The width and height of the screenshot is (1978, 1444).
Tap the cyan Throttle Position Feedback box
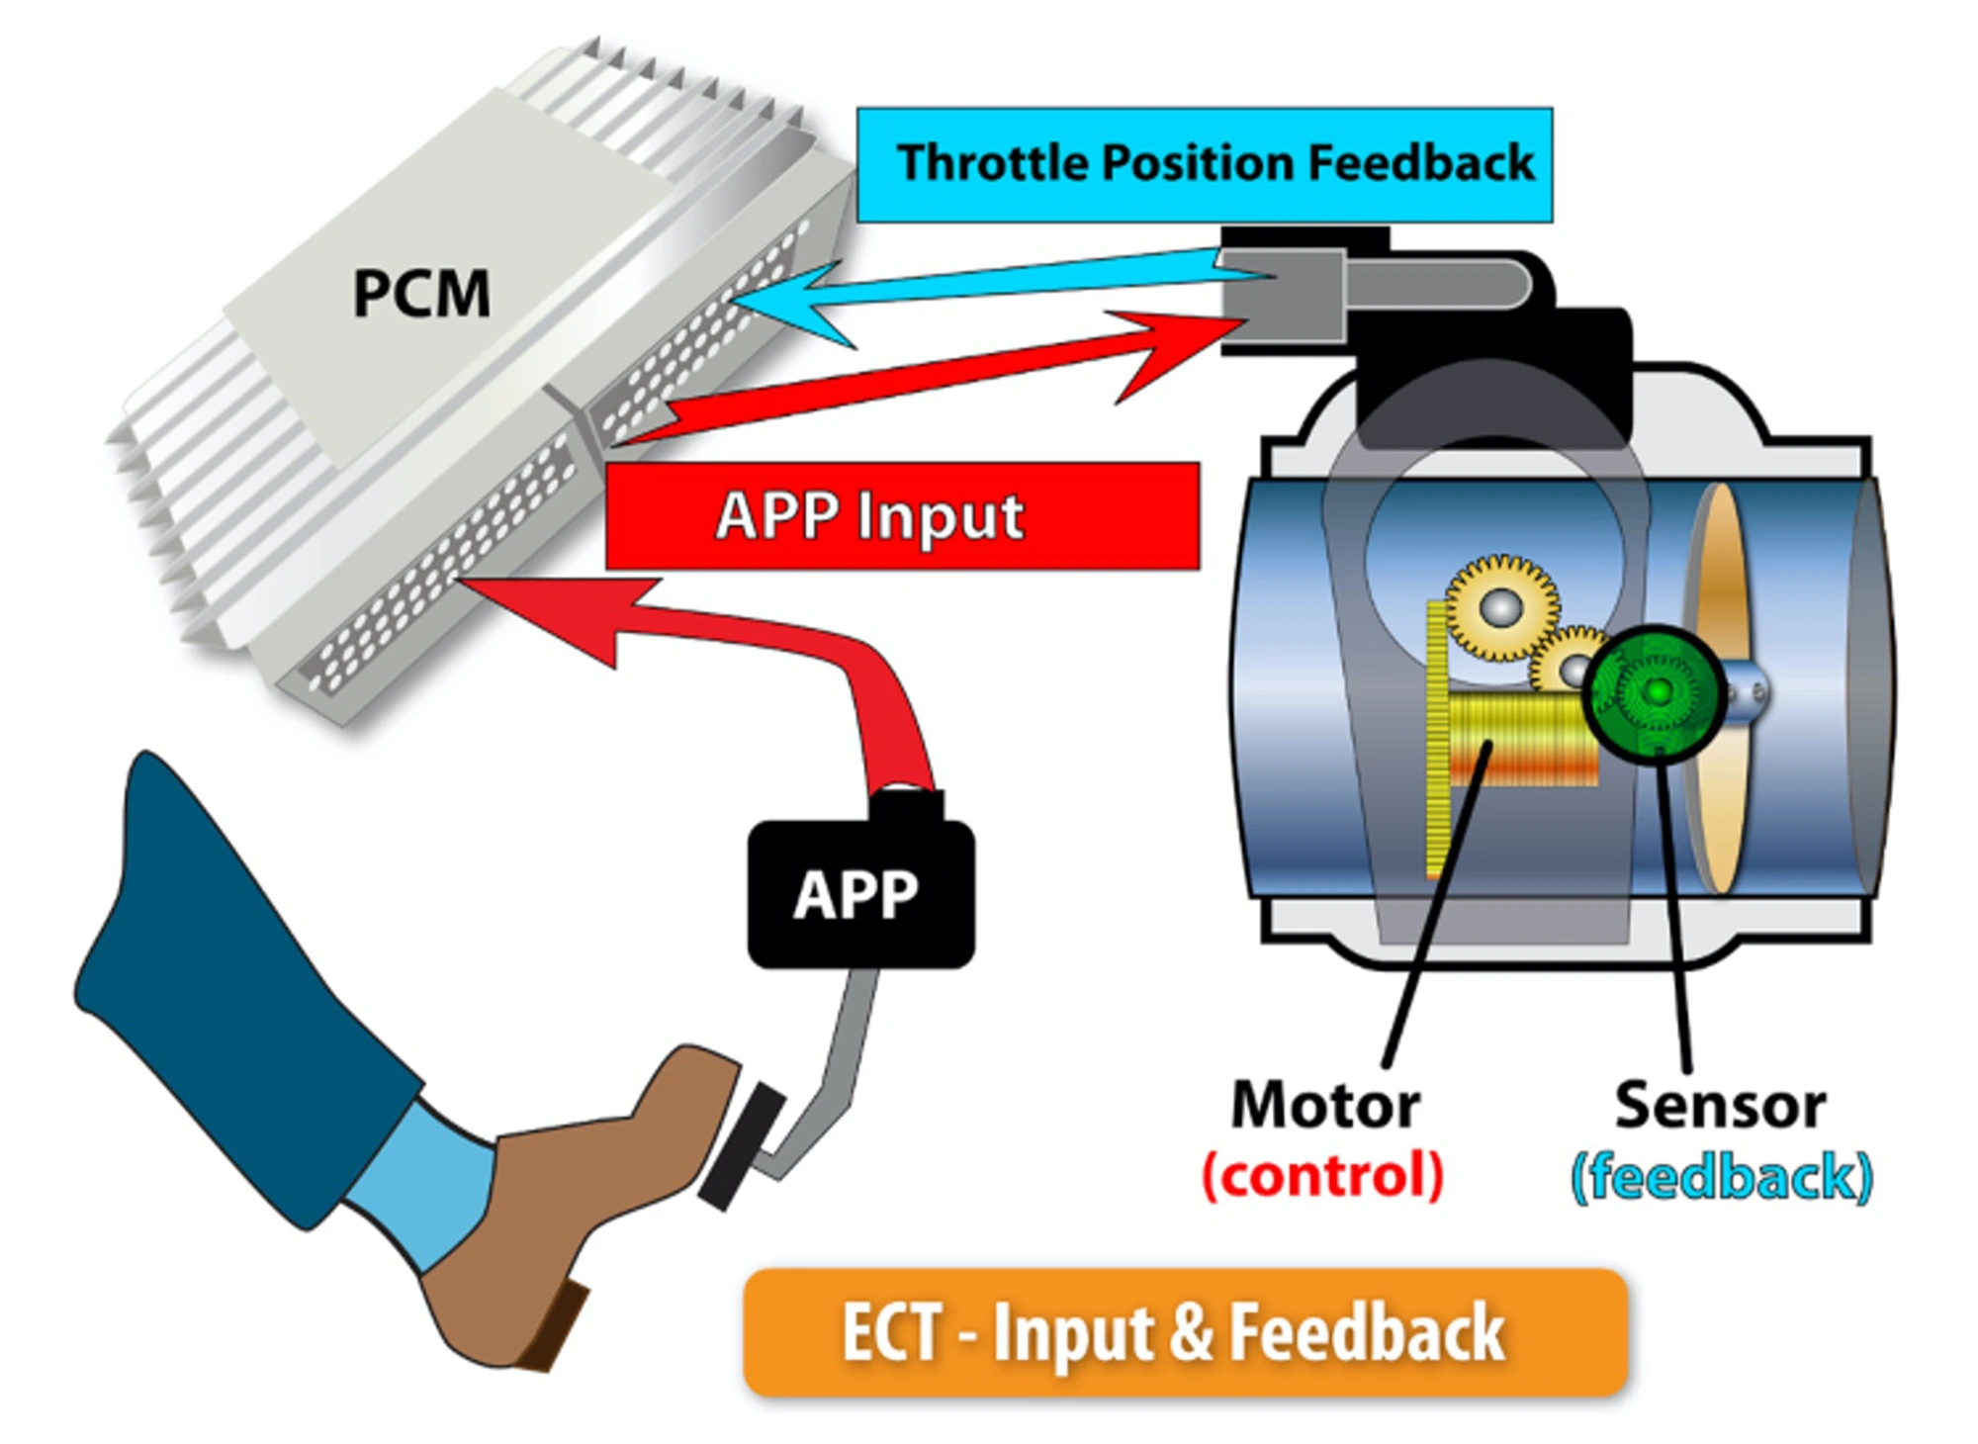(1204, 164)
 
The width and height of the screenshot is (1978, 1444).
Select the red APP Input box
(902, 515)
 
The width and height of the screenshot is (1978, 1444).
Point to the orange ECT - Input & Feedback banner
(1184, 1331)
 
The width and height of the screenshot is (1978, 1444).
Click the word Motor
(1325, 1105)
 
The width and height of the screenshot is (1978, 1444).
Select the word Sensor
(1720, 1105)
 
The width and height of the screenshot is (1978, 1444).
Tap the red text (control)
(1323, 1175)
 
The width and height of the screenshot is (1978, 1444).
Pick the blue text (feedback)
(1722, 1177)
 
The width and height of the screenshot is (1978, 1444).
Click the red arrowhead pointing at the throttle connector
(1177, 351)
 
